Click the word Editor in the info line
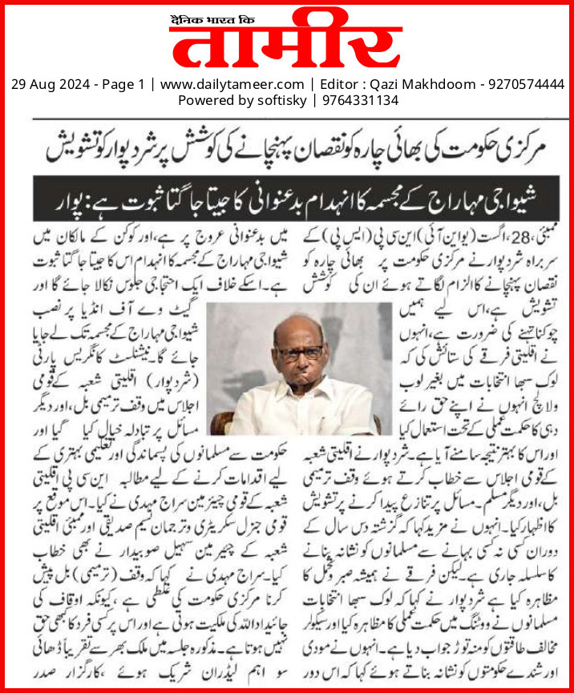point(337,84)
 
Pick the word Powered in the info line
point(204,100)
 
